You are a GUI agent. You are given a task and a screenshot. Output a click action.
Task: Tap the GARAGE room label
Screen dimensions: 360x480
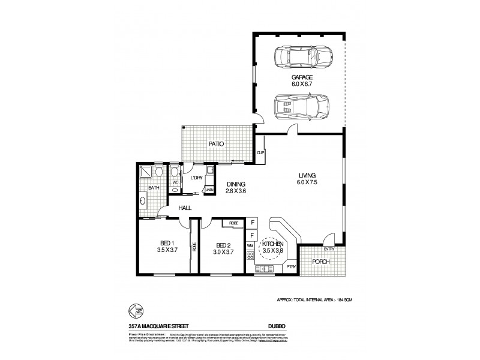[x=302, y=82]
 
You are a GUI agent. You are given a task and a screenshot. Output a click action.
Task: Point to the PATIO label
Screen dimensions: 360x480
[x=216, y=144]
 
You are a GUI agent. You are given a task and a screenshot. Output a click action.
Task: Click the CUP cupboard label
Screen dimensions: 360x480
[x=261, y=152]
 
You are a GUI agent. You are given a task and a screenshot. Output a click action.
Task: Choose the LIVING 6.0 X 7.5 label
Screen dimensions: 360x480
[x=307, y=179]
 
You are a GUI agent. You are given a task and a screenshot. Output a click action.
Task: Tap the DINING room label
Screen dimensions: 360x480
[x=235, y=188]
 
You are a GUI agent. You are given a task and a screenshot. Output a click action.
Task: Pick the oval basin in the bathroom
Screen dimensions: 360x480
[x=143, y=202]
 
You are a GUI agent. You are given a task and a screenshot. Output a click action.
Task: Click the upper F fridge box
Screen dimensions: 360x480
[x=251, y=221]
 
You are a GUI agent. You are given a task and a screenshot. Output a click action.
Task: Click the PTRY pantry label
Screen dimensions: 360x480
[x=290, y=266]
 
